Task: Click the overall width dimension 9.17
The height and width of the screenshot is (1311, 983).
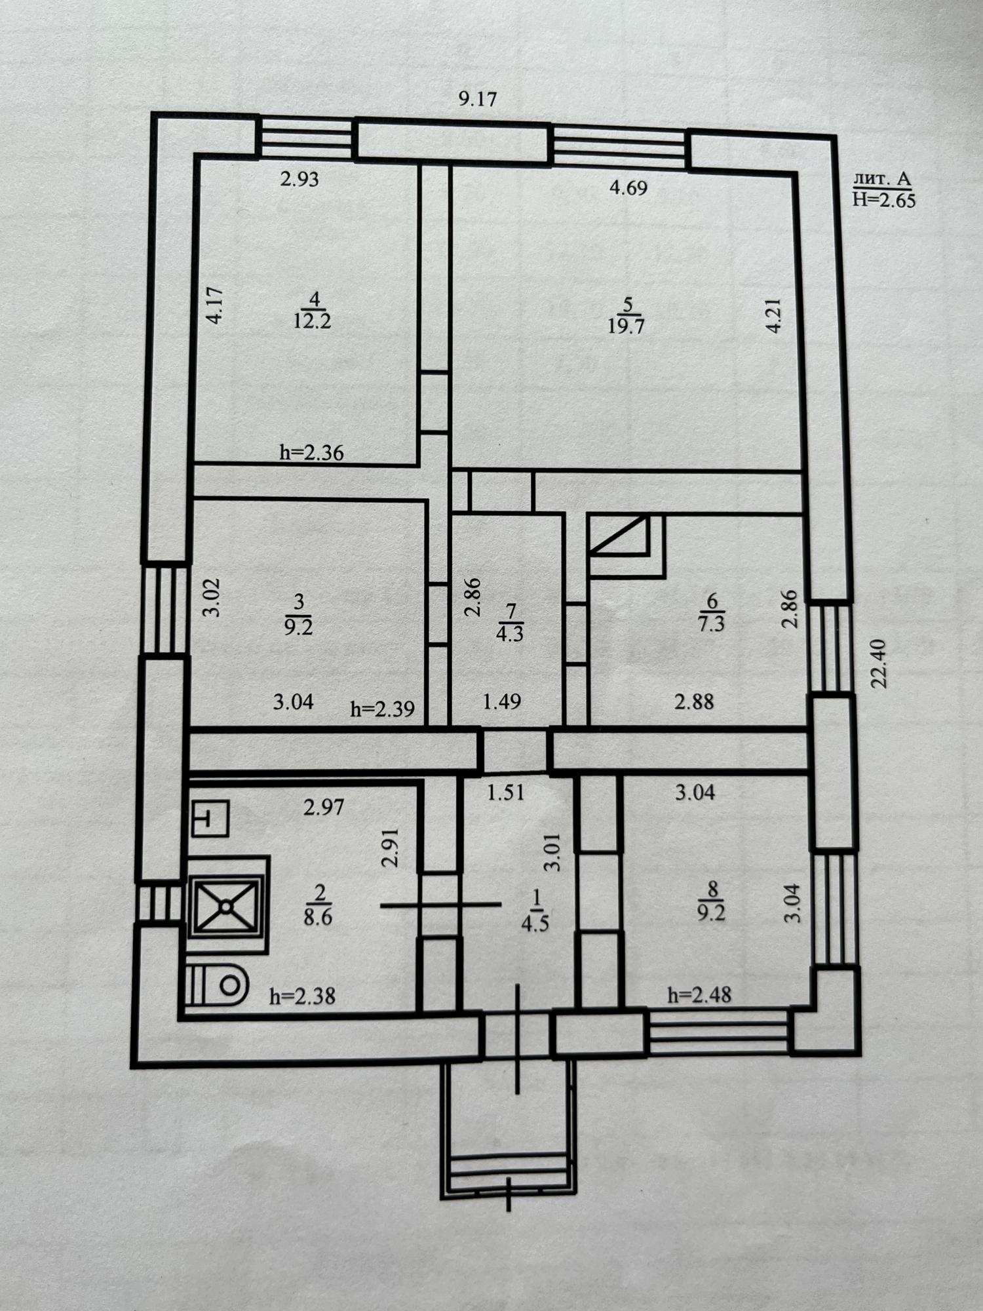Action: click(x=478, y=99)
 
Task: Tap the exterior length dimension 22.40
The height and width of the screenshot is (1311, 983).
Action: click(x=879, y=663)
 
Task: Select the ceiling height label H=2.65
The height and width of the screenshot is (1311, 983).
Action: click(x=884, y=200)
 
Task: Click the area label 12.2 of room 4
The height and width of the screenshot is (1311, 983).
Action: click(x=313, y=321)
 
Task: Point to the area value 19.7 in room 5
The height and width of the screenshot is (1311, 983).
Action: click(x=626, y=326)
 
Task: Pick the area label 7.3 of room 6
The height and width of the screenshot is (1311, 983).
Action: click(x=712, y=622)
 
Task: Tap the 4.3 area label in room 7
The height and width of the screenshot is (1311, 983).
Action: click(x=510, y=634)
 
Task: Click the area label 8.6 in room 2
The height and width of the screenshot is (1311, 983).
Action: click(x=318, y=916)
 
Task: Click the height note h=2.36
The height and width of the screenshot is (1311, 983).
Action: click(x=311, y=452)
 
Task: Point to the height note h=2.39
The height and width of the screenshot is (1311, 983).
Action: click(x=382, y=709)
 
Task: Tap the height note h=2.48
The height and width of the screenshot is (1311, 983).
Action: click(x=699, y=995)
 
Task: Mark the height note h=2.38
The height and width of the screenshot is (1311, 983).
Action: click(x=302, y=996)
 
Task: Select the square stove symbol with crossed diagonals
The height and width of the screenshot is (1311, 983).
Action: click(x=227, y=905)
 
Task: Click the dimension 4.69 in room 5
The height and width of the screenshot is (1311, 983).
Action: click(x=628, y=188)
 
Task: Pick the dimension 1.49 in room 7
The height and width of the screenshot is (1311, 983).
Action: click(x=501, y=702)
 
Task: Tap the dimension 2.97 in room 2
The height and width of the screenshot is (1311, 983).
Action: click(x=324, y=807)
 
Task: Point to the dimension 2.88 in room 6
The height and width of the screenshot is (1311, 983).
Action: click(x=694, y=702)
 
